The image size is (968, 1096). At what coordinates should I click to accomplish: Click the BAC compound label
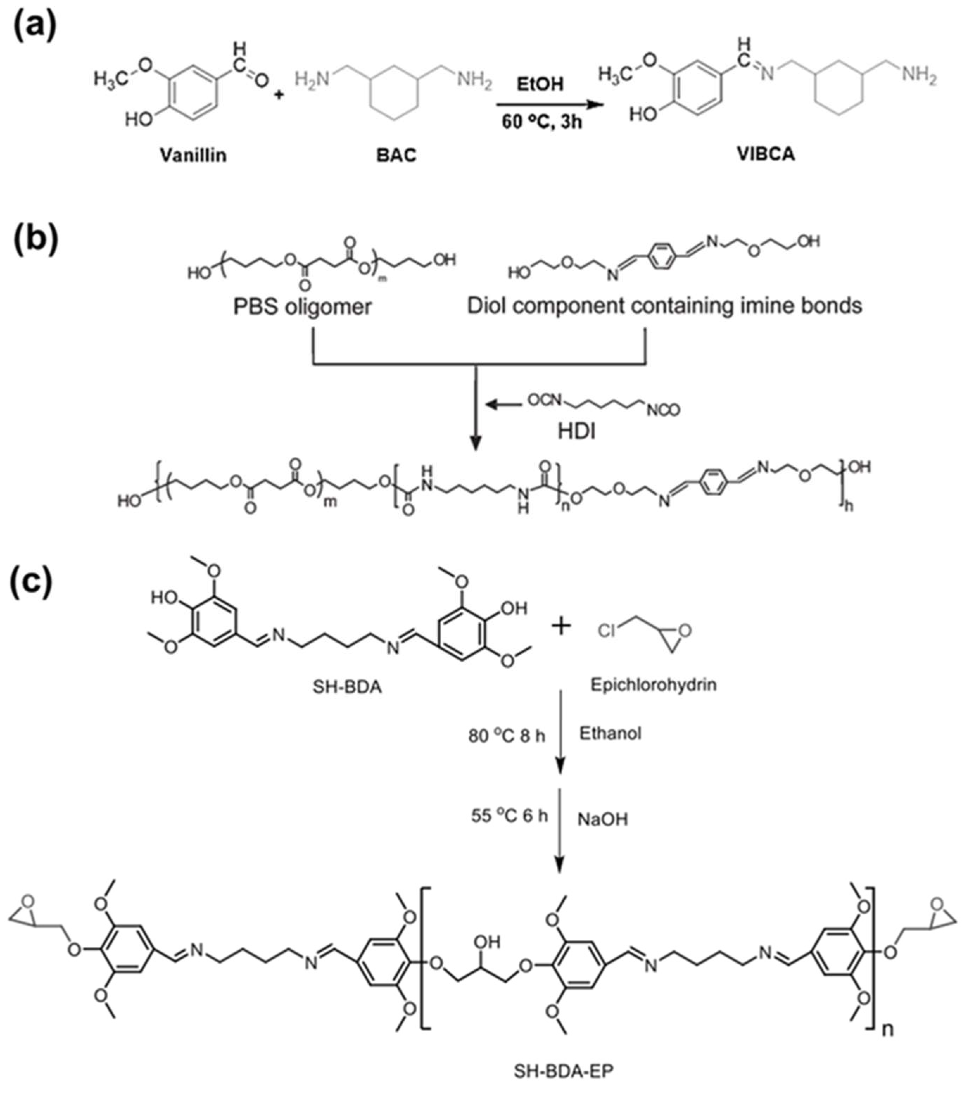(396, 156)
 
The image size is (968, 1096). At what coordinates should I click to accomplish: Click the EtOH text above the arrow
(540, 84)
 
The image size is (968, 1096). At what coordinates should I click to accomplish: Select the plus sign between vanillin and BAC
(278, 95)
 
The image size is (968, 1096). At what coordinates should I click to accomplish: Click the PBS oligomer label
(302, 307)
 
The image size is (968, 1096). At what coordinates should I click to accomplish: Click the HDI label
(577, 432)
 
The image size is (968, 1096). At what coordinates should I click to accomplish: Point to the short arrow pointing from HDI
(504, 404)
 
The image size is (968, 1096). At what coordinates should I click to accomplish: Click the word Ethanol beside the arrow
(610, 733)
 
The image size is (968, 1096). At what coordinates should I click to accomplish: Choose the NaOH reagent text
(602, 819)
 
